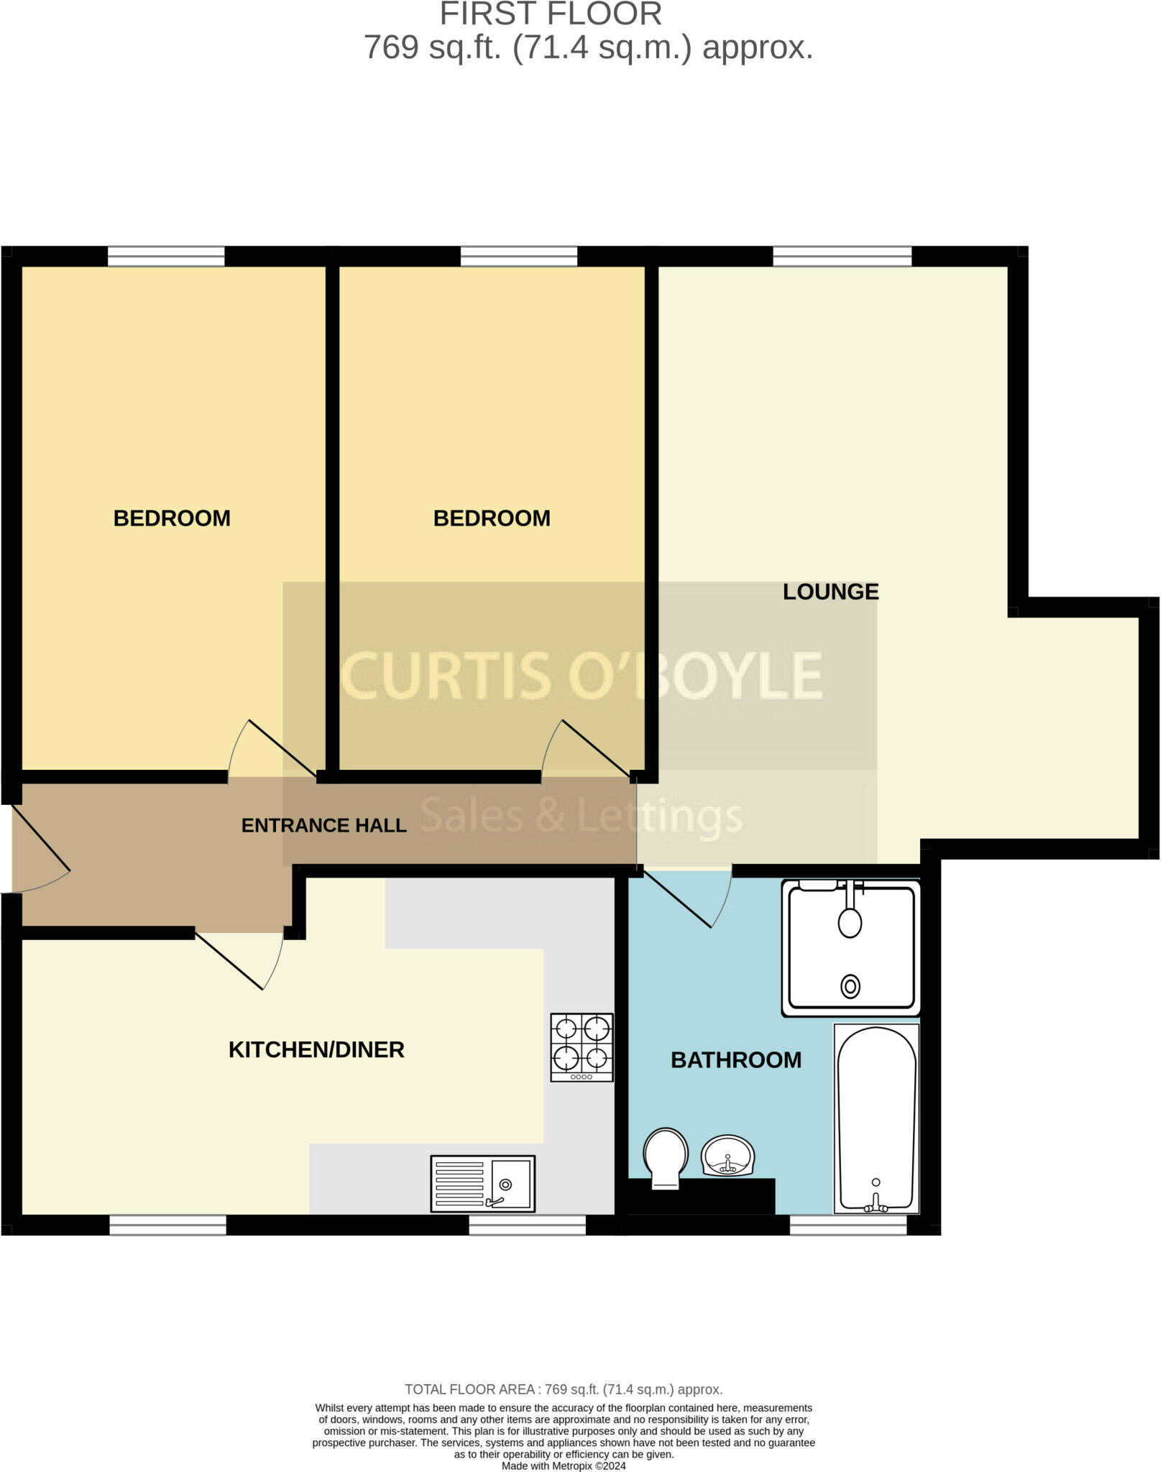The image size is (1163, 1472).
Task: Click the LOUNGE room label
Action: (830, 592)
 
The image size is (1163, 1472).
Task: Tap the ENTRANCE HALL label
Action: (323, 825)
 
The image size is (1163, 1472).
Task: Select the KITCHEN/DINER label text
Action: (316, 1049)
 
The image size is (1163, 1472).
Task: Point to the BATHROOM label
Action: (735, 1059)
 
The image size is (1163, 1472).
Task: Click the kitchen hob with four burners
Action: (581, 1046)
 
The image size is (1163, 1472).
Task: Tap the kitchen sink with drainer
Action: (482, 1183)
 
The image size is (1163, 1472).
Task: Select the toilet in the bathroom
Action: (666, 1157)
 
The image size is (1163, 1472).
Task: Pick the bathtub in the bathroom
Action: (876, 1118)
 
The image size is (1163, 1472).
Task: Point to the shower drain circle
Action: (850, 986)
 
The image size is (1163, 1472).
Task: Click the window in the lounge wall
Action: (842, 256)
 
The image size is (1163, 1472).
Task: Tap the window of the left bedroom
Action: (166, 256)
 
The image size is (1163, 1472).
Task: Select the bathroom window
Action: (848, 1225)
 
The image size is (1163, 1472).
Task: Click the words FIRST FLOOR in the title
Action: (551, 14)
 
